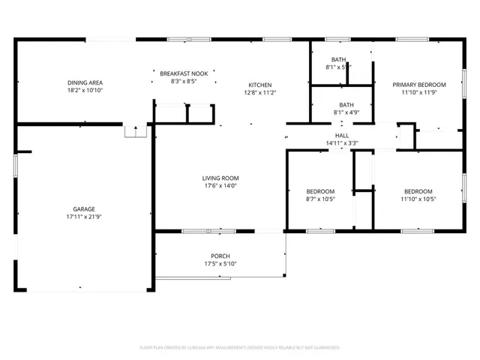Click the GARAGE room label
point(83,209)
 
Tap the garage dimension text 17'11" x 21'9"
point(83,217)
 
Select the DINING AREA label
point(85,82)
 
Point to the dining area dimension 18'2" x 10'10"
point(85,90)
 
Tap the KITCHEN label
point(260,85)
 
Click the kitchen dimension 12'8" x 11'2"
point(260,93)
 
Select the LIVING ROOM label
point(220,178)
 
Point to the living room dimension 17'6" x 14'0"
point(220,186)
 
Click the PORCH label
point(220,256)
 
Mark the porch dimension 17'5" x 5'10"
point(220,264)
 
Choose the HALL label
point(341,135)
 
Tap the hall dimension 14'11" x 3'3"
point(341,142)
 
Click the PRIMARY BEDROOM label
point(419,85)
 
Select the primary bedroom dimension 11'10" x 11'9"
point(419,93)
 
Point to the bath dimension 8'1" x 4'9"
point(346,113)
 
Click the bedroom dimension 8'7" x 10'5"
point(320,199)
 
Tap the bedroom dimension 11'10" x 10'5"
point(418,199)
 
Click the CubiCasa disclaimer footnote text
point(240,347)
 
